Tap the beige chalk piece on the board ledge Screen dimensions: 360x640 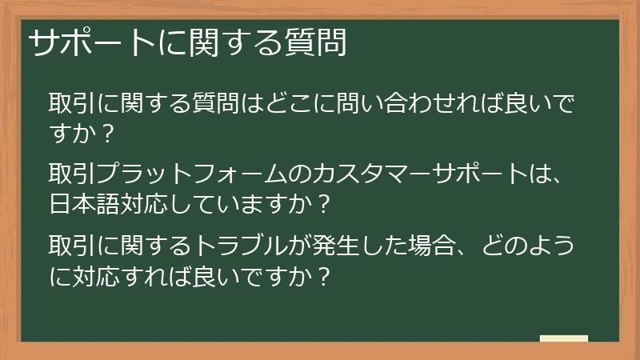(563, 338)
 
